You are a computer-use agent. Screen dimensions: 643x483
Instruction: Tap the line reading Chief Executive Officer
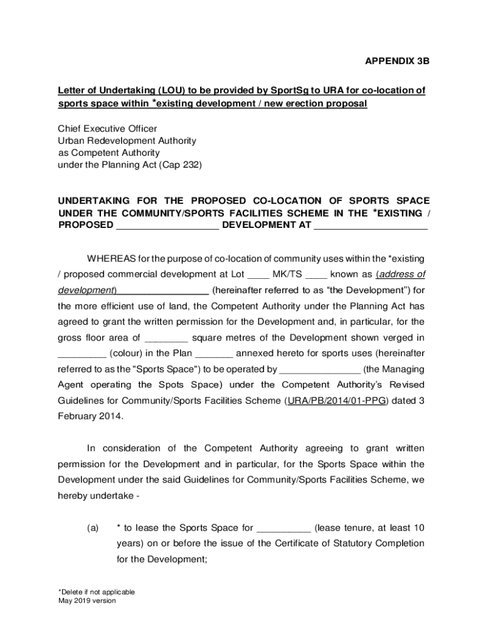[x=107, y=129]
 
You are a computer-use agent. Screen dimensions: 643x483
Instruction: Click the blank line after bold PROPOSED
[x=167, y=225]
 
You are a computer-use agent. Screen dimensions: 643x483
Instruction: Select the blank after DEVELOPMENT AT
[x=371, y=225]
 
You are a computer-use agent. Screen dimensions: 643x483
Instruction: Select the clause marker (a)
[x=93, y=527]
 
